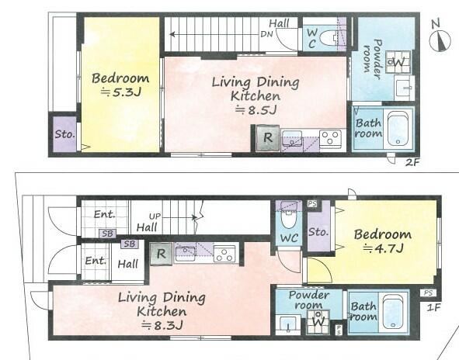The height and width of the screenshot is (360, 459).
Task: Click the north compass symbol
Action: pos(440,39)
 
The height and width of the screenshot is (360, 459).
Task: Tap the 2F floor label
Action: pos(412,162)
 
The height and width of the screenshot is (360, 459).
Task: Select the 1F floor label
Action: pos(433,307)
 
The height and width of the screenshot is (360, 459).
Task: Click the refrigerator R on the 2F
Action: pos(267,138)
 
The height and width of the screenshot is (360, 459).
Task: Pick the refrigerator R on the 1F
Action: pos(161,254)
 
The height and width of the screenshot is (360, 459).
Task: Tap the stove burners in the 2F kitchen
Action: pos(330,139)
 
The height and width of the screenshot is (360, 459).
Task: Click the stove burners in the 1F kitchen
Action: pos(224,254)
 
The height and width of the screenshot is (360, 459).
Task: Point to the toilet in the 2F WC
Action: pos(329,38)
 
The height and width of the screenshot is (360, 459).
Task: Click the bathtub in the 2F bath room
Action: pos(398,129)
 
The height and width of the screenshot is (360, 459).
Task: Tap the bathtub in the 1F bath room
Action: pos(393,311)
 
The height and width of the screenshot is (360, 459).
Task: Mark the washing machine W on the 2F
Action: pos(398,62)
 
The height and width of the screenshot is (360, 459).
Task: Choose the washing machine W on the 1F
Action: pos(318,322)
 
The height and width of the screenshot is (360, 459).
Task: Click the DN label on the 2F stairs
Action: pos(266,34)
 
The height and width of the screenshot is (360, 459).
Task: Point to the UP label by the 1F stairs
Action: pos(155,216)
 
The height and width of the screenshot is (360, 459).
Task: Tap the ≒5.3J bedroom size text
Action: pos(121,92)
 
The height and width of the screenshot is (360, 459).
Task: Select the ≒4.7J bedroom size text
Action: pos(384,248)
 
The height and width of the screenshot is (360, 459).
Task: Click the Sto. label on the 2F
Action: pos(65,134)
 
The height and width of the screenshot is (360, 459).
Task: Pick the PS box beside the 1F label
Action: pos(428,292)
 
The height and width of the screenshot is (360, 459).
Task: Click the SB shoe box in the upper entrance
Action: pos(107,234)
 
